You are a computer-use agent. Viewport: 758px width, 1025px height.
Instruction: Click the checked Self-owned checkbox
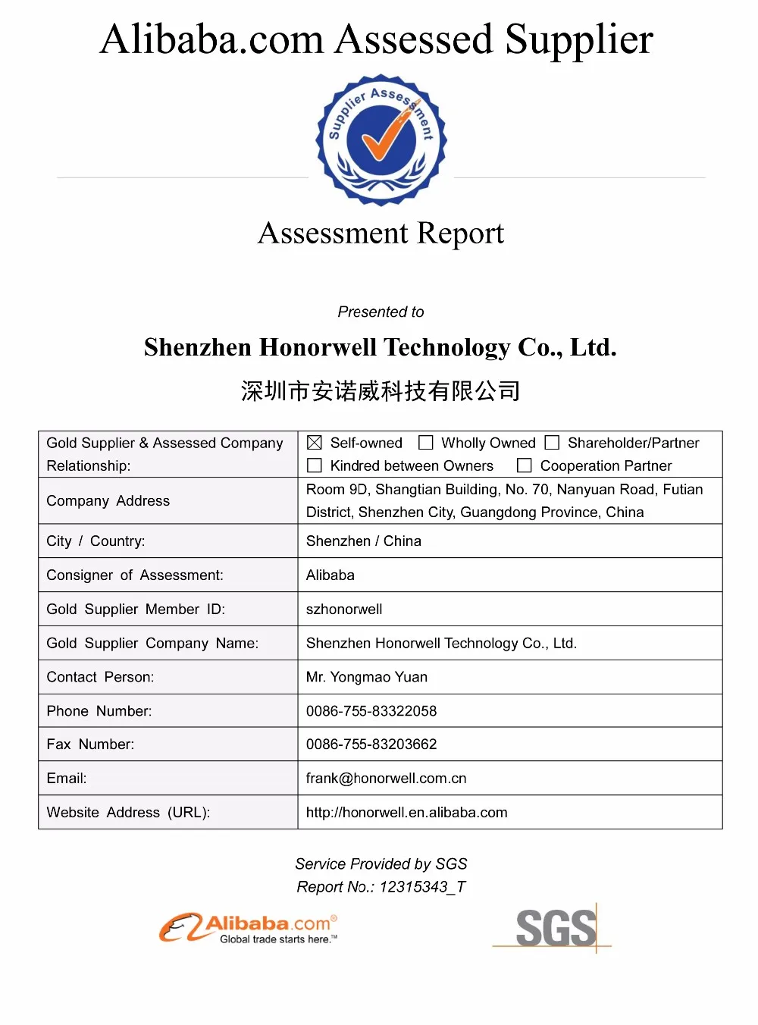pos(315,443)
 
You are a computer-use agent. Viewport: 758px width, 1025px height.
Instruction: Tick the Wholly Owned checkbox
pos(426,443)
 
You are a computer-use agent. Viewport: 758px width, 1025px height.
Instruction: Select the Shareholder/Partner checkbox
pos(553,443)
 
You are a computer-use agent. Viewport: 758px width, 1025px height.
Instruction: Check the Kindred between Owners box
pos(315,465)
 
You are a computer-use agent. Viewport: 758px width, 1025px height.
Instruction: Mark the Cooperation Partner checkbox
pos(525,465)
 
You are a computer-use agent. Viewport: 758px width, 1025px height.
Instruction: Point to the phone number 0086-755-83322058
pos(371,711)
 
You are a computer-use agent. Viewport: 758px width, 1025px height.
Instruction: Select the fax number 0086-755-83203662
pos(371,744)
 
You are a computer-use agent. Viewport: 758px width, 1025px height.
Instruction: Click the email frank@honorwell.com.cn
pos(386,779)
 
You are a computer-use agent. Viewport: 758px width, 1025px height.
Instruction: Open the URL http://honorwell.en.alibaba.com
pos(406,813)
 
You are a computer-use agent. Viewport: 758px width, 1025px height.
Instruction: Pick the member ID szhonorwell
pos(344,610)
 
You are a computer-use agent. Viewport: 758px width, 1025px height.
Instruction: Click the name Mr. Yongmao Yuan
pos(367,677)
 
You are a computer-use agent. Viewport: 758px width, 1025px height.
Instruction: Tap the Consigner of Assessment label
pos(135,575)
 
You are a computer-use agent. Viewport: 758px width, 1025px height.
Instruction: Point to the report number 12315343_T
pos(423,887)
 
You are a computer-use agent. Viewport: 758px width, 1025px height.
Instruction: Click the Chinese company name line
pos(381,391)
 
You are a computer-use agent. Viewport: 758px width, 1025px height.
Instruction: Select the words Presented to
pos(381,312)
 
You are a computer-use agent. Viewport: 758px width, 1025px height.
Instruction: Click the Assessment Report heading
pos(381,234)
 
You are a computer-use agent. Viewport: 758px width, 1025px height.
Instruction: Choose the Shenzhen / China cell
pos(364,541)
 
